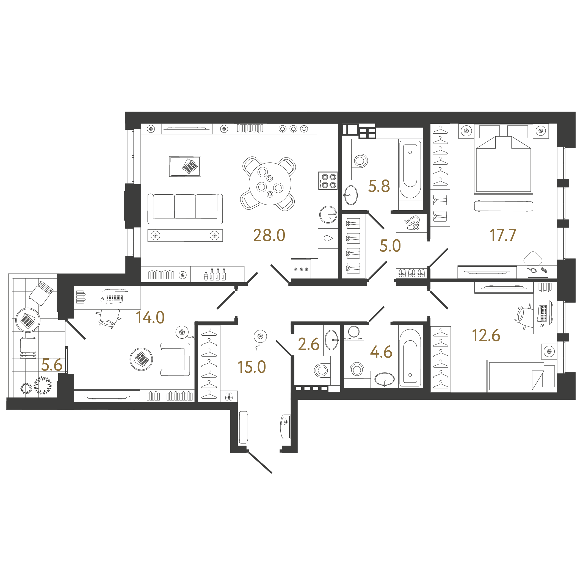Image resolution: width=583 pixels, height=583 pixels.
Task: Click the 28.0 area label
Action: [x=269, y=235]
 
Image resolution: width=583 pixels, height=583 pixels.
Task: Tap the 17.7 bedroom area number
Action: [x=503, y=235]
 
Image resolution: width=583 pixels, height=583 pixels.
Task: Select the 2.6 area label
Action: [x=308, y=344]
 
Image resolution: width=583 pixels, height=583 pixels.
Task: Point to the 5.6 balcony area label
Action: [x=52, y=365]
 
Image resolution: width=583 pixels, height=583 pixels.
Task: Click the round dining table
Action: [x=270, y=184]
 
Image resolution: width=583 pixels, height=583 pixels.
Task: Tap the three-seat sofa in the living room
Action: [x=185, y=209]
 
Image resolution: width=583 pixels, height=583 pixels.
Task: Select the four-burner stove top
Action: [x=328, y=181]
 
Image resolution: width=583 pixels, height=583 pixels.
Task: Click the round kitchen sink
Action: [x=328, y=215]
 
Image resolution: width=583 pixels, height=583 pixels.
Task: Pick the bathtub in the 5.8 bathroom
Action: [x=410, y=170]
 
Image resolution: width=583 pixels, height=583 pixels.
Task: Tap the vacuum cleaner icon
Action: [x=412, y=223]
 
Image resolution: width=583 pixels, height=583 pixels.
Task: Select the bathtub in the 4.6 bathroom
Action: [x=410, y=358]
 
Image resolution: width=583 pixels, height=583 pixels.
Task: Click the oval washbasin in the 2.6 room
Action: [x=331, y=340]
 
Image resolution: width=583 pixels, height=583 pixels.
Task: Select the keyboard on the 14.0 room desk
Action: [x=114, y=299]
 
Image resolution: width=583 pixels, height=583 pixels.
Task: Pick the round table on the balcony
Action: [x=28, y=320]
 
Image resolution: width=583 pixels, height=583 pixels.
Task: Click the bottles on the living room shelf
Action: [x=215, y=275]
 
